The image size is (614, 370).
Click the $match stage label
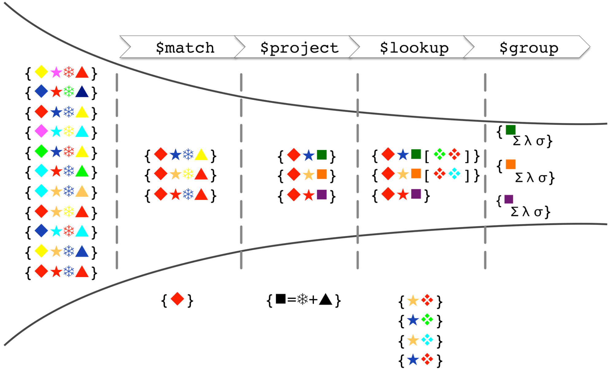pos(185,48)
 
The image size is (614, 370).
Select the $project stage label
pos(299,48)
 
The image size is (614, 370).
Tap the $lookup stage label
pos(414,48)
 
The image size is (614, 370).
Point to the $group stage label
pos(529,48)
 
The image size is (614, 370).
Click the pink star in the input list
pos(56,73)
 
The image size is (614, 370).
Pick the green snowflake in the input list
pos(69,92)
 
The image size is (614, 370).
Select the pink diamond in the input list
pos(41,131)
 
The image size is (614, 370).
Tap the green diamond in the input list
pos(41,151)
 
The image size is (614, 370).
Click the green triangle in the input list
pos(82,171)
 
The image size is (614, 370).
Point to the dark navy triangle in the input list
pos(82,92)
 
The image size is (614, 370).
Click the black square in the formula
pos(281,299)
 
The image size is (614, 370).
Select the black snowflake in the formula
pos(303,299)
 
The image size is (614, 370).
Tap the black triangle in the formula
pos(326,299)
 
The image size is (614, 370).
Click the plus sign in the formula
pos(313,300)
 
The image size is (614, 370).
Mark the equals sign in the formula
pos(292,299)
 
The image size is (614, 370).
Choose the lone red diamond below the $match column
pos(177,299)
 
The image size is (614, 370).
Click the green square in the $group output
pos(510,130)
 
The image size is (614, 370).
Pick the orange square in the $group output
pos(510,164)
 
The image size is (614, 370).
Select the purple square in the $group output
pos(509,199)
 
